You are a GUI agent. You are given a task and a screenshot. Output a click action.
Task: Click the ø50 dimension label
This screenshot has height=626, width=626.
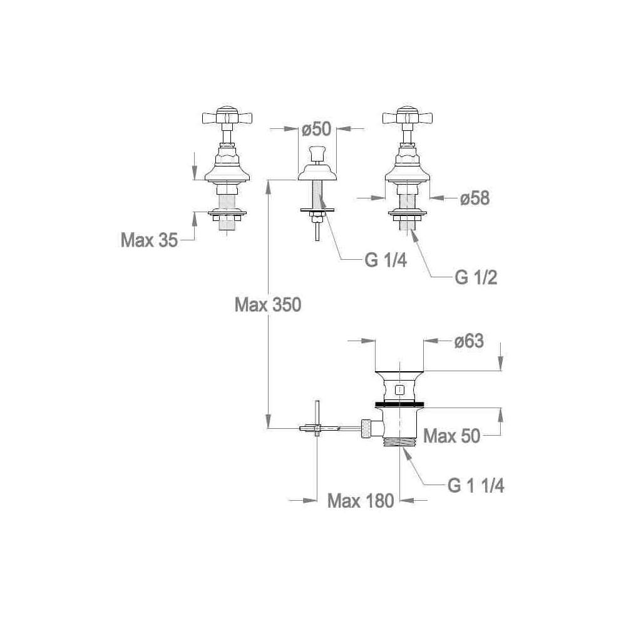pos(317,130)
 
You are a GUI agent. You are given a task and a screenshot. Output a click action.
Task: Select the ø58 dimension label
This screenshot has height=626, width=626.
pos(475,198)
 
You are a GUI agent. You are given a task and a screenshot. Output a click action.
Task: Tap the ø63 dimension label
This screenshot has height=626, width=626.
pos(469,341)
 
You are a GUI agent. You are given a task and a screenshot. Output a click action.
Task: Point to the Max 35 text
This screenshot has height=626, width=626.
pos(150,240)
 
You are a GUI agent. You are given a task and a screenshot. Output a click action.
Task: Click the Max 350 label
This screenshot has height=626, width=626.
pos(268,305)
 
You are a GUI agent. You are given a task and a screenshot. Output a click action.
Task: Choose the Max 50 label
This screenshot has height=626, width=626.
pos(451,436)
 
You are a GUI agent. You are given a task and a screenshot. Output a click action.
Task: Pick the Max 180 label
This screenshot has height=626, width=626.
pos(361,501)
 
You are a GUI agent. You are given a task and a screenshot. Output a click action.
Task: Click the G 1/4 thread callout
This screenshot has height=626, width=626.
pos(386,260)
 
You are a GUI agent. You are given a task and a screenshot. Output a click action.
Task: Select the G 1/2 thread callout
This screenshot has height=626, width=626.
pos(476,277)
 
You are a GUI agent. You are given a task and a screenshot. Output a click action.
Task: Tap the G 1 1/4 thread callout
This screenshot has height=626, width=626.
pos(476,486)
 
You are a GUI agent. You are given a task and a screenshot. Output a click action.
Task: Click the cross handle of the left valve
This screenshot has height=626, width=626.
pos(227,116)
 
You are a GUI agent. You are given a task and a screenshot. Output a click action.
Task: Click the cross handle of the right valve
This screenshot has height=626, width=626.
pos(408,116)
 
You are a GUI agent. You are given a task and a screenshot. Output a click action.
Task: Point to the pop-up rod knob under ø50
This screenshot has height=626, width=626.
pos(317,152)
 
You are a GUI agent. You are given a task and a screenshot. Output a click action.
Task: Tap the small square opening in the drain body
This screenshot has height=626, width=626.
pos(399,390)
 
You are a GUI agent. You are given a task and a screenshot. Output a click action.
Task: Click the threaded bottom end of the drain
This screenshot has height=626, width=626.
pos(399,443)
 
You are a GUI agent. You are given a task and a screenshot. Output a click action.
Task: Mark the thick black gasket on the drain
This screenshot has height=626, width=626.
pos(399,404)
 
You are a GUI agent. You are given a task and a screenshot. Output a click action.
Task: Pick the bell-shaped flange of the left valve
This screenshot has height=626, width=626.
pos(227,173)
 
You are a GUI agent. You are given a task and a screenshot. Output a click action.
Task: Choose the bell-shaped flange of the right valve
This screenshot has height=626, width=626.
pos(408,173)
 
